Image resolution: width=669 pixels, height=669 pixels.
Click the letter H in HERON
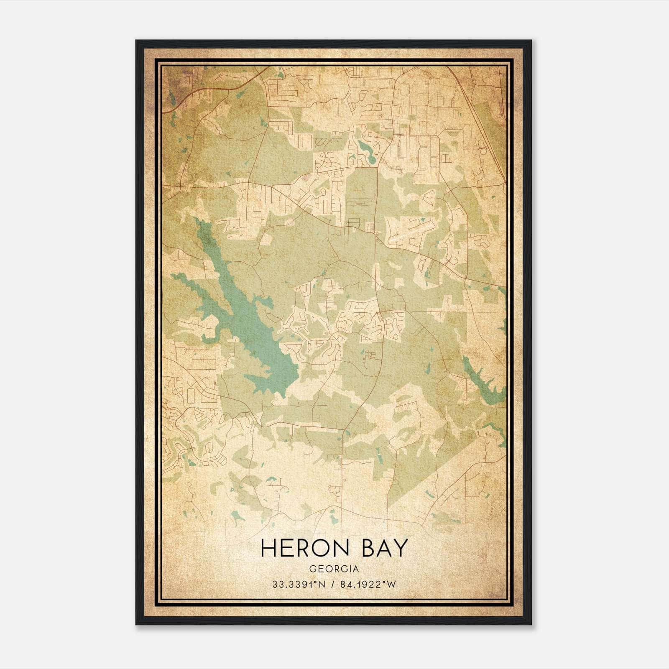(x=268, y=548)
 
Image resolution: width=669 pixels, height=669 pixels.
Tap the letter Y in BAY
(x=400, y=548)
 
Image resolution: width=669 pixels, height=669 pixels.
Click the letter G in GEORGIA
(x=312, y=569)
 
